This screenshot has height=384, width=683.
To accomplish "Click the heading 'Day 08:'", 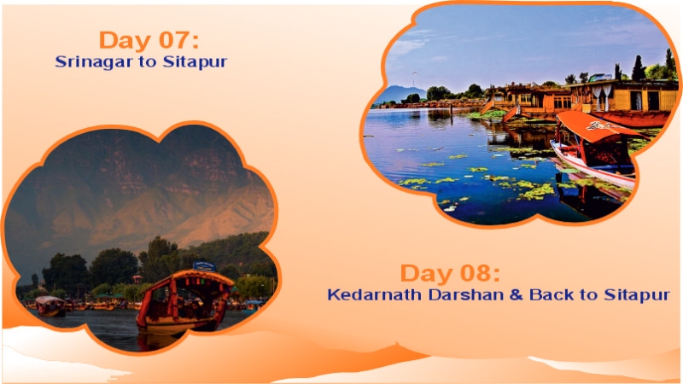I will pos(450,274).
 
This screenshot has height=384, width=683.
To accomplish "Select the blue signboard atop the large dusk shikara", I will pos(204,265).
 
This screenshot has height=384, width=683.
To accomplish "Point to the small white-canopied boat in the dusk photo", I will pos(50,305).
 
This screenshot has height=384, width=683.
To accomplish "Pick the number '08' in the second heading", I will pos(480,274).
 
